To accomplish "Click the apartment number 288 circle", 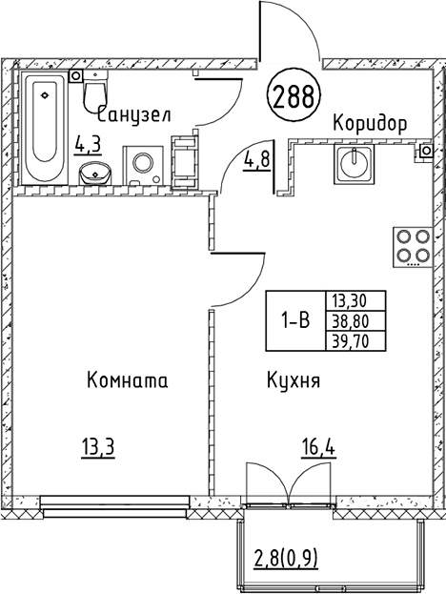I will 295,94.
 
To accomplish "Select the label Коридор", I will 370,123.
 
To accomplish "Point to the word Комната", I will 127,380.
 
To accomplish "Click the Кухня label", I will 293,380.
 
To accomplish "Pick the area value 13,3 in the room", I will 99,444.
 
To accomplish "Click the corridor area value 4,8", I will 255,159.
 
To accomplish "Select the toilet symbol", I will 95,95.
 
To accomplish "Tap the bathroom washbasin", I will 93,174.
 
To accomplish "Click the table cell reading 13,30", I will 350,299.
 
